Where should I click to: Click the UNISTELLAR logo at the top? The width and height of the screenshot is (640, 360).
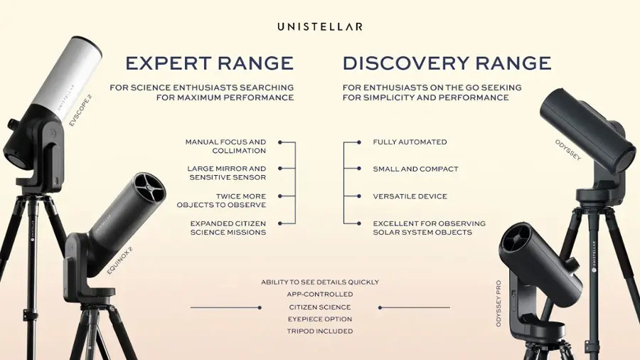coord(320,26)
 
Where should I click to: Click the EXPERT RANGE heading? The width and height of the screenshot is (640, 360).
coord(210,63)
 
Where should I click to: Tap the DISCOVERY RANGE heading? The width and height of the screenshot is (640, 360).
coord(447,63)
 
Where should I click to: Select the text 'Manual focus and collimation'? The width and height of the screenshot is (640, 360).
coord(226,147)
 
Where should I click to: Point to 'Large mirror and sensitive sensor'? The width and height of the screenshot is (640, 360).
coord(227,173)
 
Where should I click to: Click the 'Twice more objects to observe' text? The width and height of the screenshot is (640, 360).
coord(222,201)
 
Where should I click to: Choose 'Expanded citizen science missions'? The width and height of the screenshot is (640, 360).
coord(228,228)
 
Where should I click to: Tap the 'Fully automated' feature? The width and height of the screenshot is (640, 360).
coord(410,142)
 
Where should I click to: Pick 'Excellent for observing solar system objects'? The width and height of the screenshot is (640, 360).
coord(430,228)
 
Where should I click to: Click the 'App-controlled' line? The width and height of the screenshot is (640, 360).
coord(320,295)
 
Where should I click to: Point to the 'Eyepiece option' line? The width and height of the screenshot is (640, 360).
coord(320,319)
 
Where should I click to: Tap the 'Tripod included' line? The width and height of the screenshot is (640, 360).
coord(320,332)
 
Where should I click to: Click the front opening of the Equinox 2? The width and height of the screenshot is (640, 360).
coord(149,186)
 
